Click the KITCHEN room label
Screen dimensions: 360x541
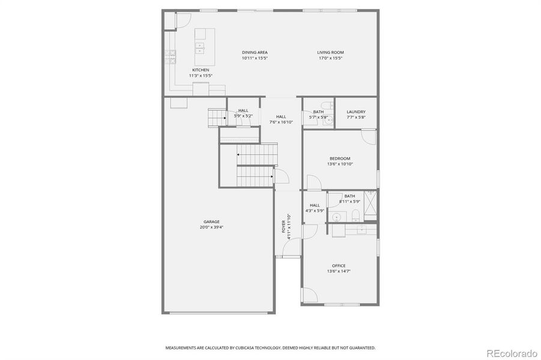pos(184,70)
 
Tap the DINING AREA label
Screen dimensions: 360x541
pos(255,52)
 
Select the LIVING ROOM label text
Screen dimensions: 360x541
pos(330,52)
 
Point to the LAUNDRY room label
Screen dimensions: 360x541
pos(356,112)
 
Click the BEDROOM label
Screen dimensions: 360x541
pos(339,158)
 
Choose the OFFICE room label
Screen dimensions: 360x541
pos(339,265)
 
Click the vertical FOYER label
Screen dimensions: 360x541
pos(284,227)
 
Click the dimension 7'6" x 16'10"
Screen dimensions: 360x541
pos(281,122)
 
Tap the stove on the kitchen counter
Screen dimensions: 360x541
pos(172,56)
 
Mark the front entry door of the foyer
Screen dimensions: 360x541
pos(288,257)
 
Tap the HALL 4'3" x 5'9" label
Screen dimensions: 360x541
pos(315,208)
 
